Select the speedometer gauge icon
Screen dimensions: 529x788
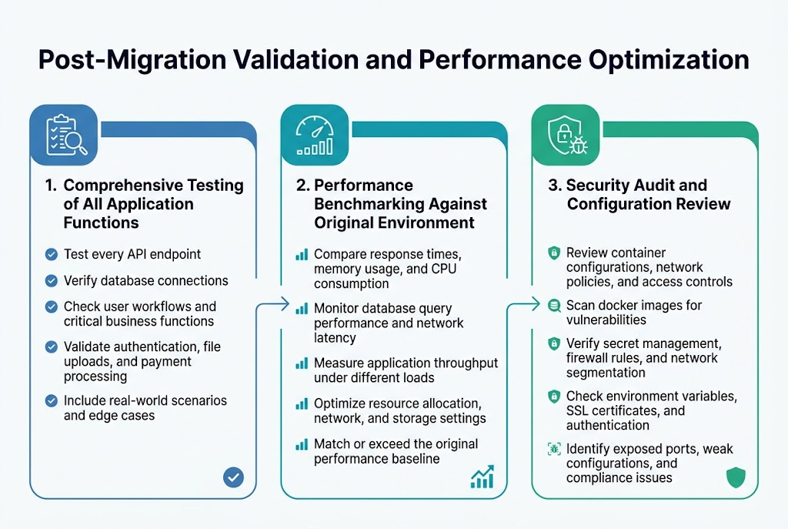tap(316, 134)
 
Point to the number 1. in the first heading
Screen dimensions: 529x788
tap(51, 186)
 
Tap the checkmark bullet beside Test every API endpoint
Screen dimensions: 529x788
tap(52, 255)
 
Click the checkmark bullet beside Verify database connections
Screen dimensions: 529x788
tap(52, 281)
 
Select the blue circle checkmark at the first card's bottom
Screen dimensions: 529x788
tap(233, 477)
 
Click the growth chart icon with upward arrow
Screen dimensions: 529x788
tap(482, 477)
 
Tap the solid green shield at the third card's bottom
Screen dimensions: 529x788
tap(736, 478)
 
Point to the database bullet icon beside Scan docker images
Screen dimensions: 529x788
tap(553, 306)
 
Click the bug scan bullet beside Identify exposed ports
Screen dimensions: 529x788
tap(553, 448)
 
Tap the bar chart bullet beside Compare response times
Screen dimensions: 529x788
tap(302, 254)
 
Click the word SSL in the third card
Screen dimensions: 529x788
tap(579, 410)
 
